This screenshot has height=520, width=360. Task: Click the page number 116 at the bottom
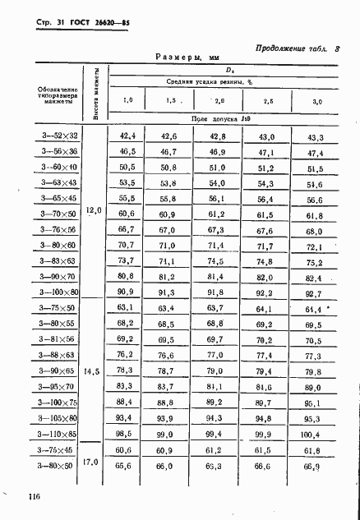pos(33,496)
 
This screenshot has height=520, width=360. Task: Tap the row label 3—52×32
pos(58,136)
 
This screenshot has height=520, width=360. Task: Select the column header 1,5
pos(170,100)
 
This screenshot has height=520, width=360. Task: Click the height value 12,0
pos(93,211)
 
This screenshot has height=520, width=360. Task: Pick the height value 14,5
pos(93,372)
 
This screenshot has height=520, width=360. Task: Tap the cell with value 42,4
pos(127,136)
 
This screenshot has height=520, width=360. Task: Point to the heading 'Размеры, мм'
pos(185,58)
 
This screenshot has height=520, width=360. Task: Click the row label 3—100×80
pos(58,292)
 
